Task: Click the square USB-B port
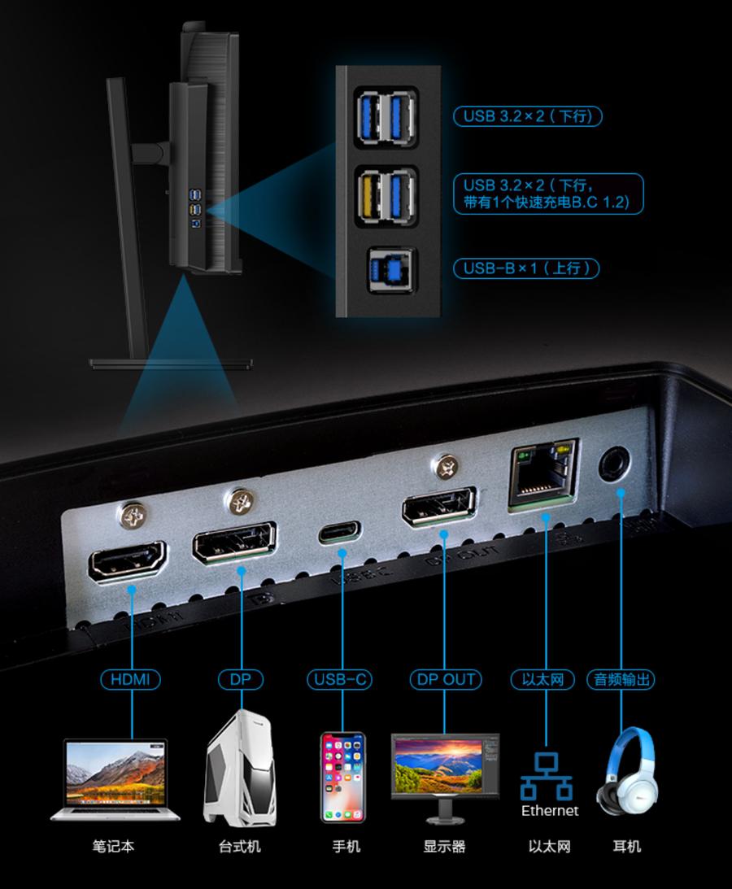click(388, 268)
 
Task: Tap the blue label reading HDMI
click(130, 679)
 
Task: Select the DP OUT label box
click(444, 679)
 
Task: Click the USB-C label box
click(342, 679)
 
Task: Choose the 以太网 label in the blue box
click(542, 679)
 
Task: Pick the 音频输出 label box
click(621, 679)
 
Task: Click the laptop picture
click(115, 779)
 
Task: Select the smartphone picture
click(342, 778)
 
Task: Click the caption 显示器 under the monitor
click(444, 847)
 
